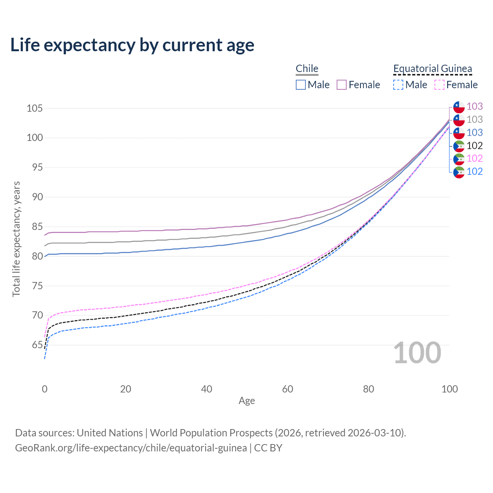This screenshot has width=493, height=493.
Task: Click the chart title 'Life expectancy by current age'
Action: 132,45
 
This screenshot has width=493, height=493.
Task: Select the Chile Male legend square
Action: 301,85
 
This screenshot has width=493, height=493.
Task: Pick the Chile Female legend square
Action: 342,85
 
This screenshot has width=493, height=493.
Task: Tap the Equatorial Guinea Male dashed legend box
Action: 398,85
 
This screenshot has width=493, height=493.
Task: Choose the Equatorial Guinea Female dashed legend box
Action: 439,85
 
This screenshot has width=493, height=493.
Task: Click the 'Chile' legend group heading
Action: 307,69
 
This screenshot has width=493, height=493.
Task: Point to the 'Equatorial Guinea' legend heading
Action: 433,69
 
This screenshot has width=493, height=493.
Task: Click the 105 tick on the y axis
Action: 34,108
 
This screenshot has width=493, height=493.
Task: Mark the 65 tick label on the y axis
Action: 37,345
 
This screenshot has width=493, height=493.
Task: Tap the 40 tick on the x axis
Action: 206,389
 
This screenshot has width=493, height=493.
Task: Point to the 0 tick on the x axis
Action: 45,389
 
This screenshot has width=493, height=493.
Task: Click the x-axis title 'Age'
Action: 247,401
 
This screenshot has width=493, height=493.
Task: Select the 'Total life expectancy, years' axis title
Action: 16,239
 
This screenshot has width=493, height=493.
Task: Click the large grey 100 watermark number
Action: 417,353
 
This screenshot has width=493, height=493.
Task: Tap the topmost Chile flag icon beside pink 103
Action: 459,107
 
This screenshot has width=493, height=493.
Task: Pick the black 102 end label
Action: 475,146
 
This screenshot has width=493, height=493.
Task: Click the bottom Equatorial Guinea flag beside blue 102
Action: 459,172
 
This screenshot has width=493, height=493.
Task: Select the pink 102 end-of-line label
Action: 475,158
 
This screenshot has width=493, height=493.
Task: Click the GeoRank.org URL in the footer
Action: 131,448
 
